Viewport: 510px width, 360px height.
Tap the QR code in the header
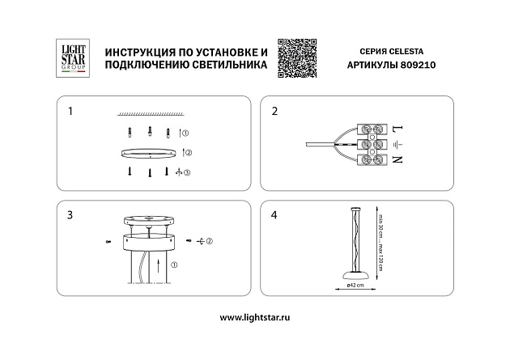tap(295, 57)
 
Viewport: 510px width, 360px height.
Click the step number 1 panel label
tap(70, 111)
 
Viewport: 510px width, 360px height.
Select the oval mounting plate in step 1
tap(148, 152)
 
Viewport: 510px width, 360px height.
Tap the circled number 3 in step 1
tap(187, 172)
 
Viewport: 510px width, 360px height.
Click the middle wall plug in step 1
tap(148, 132)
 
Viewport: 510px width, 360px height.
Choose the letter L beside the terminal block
tap(396, 129)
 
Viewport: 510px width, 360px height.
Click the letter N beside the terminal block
tap(396, 160)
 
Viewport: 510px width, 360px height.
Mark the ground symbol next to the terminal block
tap(396, 145)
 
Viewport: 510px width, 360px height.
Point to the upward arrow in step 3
tap(159, 264)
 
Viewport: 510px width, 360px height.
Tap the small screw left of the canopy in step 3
tap(108, 241)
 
